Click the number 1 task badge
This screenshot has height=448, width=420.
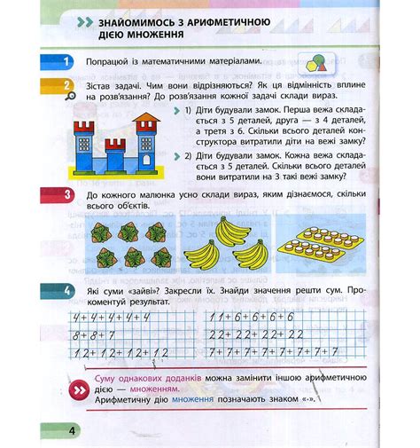67,60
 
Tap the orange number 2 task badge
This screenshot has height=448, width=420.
67,86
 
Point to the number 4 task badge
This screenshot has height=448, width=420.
67,291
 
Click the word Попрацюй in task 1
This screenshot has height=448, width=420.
110,60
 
